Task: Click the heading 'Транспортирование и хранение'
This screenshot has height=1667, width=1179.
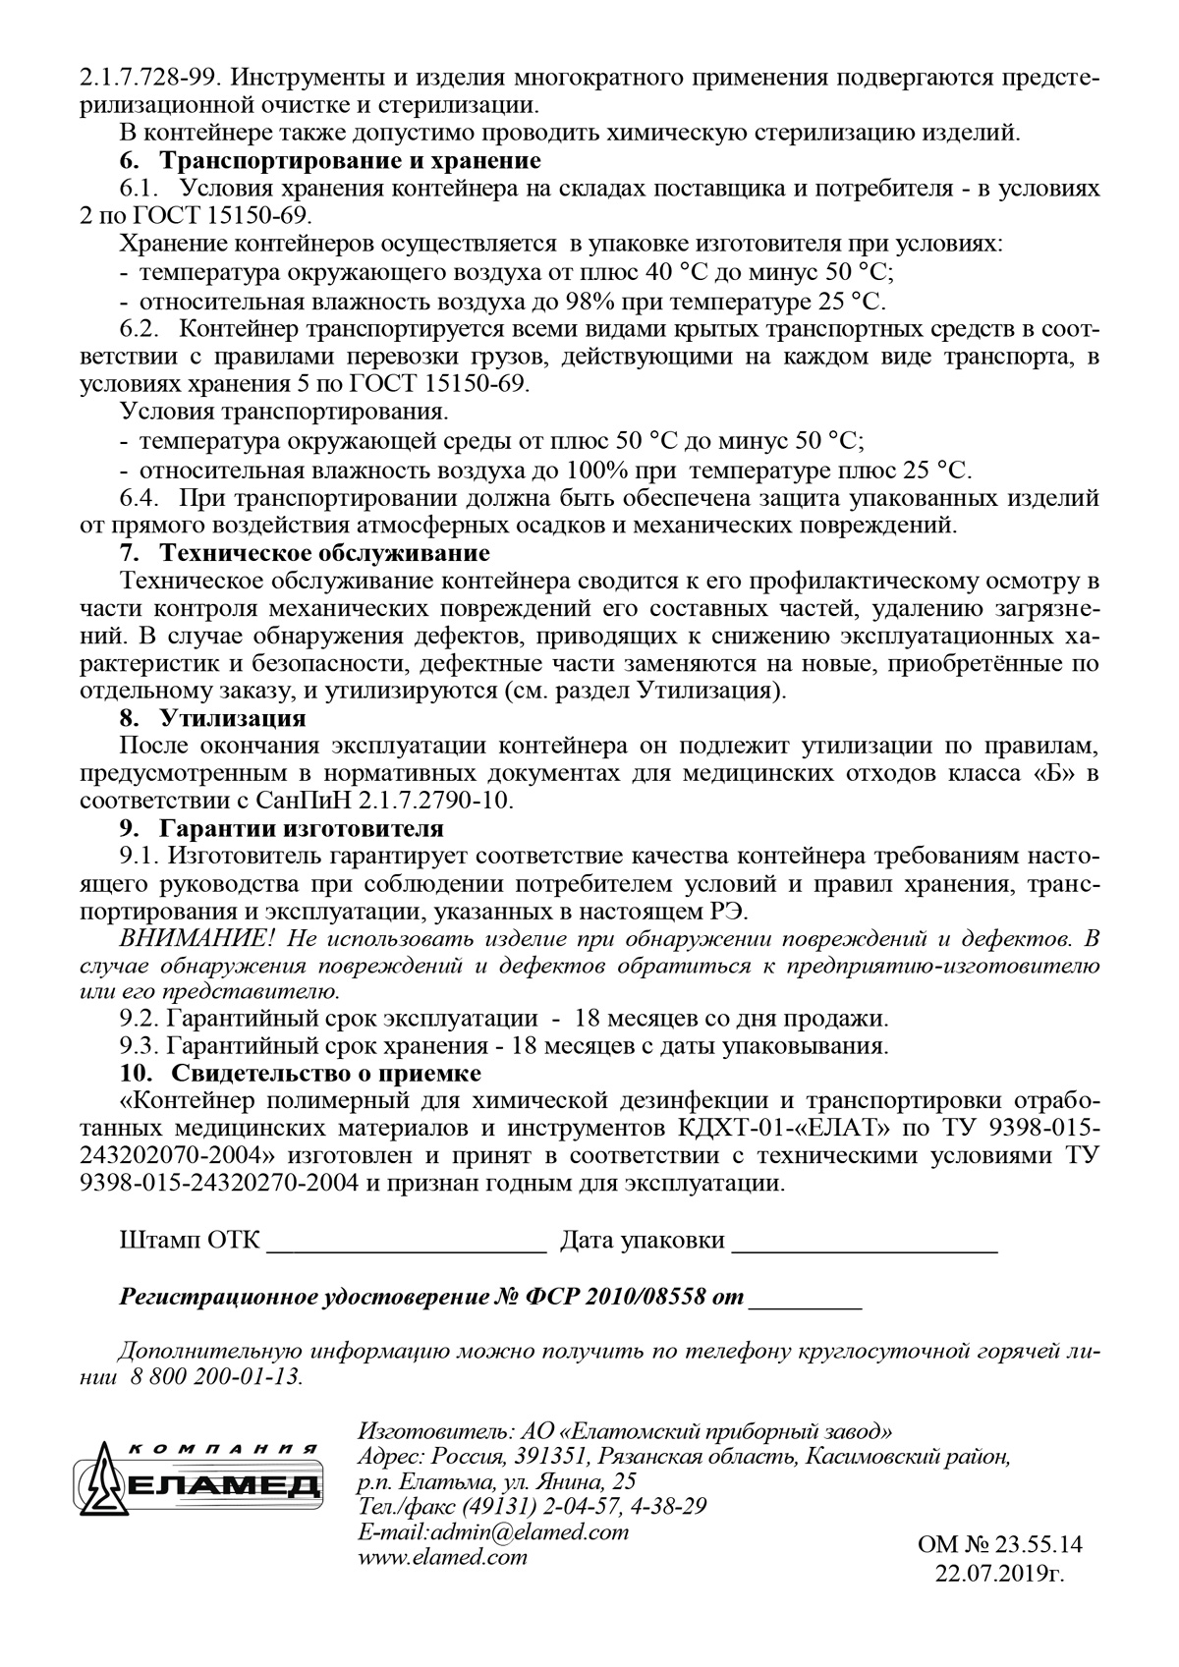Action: click(x=350, y=159)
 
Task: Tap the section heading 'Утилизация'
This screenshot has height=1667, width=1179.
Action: click(x=233, y=718)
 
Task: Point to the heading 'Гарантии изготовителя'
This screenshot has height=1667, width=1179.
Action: click(x=302, y=828)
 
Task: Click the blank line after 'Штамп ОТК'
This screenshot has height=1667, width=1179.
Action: click(x=407, y=1242)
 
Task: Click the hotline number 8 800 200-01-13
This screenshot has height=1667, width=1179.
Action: click(x=214, y=1376)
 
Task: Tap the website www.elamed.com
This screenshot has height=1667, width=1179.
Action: click(x=442, y=1557)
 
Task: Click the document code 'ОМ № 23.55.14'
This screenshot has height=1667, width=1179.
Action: click(x=999, y=1545)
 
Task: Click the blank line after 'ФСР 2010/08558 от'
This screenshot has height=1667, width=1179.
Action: click(x=806, y=1299)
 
